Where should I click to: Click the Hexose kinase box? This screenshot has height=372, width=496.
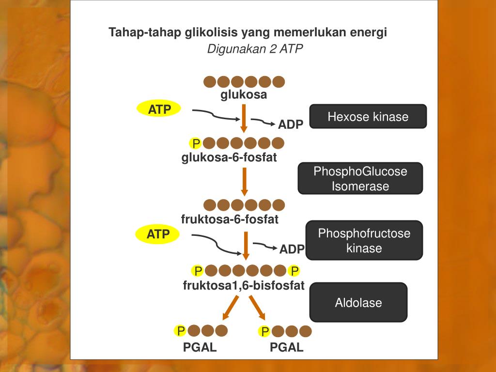(368, 117)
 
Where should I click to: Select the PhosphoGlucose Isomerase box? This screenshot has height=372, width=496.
(360, 179)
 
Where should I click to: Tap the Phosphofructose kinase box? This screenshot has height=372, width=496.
(364, 241)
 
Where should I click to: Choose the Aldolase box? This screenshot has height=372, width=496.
(358, 303)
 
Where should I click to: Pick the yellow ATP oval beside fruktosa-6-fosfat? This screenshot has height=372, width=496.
(158, 234)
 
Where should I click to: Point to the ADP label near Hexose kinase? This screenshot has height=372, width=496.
(291, 125)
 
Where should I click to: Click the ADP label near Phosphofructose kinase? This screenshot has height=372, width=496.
(292, 249)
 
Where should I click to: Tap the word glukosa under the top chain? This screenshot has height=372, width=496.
(244, 94)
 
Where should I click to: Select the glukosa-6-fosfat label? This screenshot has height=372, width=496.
(229, 157)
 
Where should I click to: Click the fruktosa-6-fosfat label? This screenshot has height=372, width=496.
(230, 219)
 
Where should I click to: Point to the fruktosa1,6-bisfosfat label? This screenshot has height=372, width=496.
(244, 285)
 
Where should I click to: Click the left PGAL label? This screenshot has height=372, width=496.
(200, 347)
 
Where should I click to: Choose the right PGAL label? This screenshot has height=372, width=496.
(287, 347)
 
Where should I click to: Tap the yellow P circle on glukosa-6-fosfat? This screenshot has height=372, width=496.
(196, 143)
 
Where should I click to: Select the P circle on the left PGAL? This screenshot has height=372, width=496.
(181, 331)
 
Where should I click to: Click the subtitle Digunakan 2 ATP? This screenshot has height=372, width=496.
(255, 49)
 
